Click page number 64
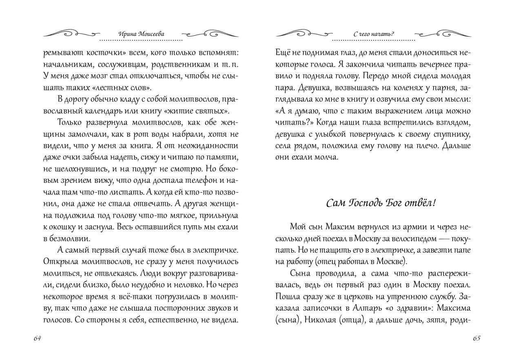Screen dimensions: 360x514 (x=38, y=338)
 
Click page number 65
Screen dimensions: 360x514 (x=476, y=338)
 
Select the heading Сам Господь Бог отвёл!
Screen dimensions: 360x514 (x=376, y=203)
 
